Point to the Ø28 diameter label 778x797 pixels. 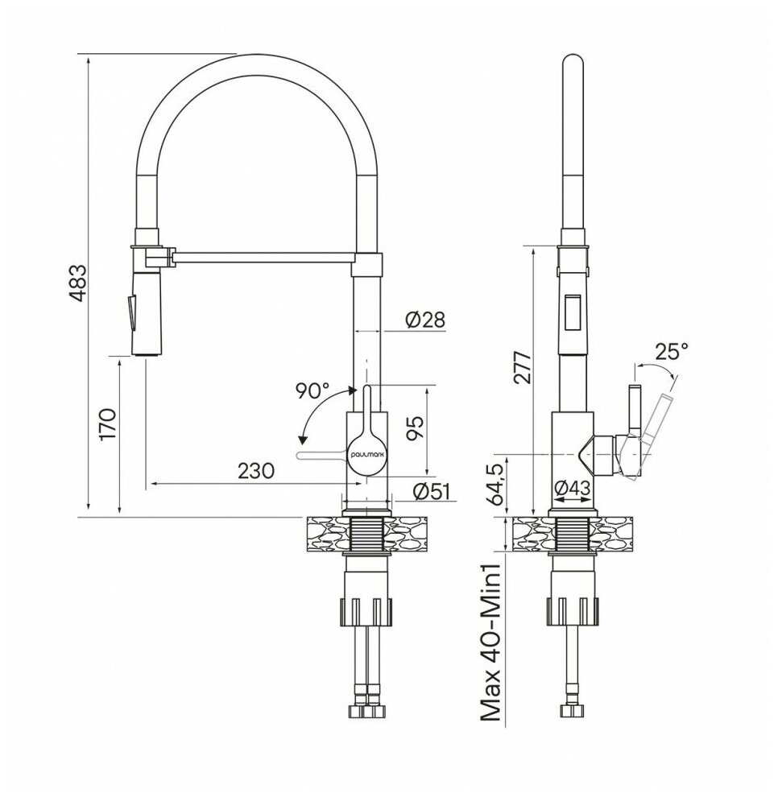click(424, 320)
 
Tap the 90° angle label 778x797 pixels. click(312, 391)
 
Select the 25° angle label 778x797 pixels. click(671, 351)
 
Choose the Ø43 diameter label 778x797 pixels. click(572, 485)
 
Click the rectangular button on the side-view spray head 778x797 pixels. click(573, 312)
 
